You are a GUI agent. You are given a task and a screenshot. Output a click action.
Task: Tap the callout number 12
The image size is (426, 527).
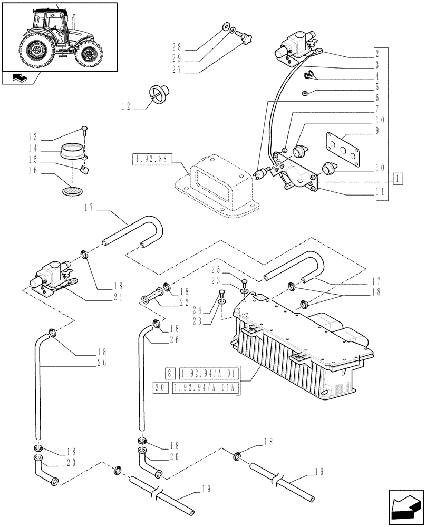click(125, 106)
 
